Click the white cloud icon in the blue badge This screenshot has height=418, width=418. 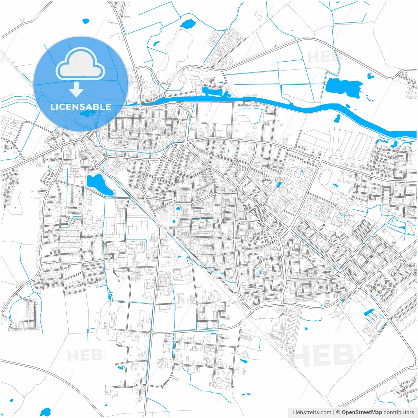[80, 64]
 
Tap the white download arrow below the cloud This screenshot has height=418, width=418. [76, 90]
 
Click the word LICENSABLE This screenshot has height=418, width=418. [80, 107]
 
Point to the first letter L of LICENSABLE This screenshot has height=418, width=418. [53, 107]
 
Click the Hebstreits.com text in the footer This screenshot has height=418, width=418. [312, 412]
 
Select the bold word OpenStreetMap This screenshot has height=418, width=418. [362, 412]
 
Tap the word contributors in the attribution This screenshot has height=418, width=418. [398, 412]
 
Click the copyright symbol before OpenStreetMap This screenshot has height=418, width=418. [338, 412]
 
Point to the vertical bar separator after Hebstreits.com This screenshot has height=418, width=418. [333, 412]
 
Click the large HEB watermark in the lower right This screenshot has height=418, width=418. [323, 354]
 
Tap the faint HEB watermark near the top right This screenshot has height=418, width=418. [322, 57]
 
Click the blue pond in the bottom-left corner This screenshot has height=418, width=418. [45, 412]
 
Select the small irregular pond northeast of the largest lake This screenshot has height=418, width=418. [370, 76]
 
